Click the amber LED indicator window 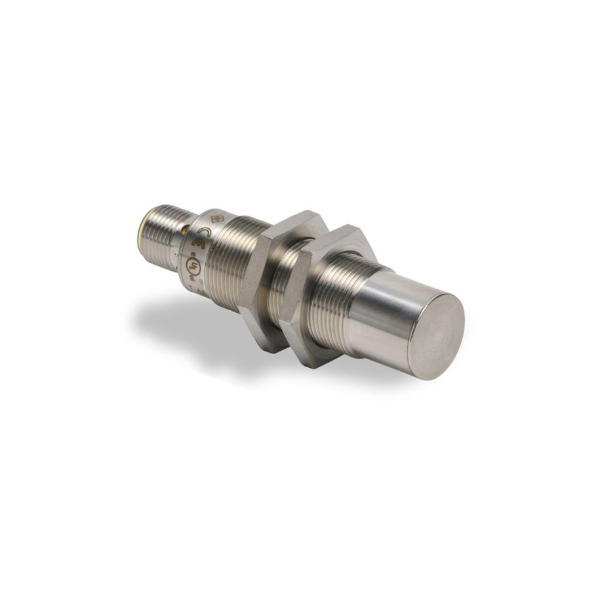(x=188, y=230)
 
